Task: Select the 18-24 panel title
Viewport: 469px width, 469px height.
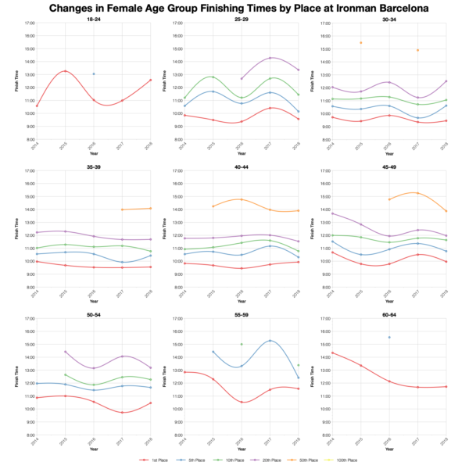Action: click(93, 19)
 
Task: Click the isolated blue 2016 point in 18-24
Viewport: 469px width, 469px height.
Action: click(94, 74)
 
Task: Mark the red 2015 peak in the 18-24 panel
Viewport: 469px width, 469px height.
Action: click(65, 71)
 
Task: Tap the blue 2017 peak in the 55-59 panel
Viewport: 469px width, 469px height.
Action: click(270, 341)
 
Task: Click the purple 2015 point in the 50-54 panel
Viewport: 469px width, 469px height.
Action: click(65, 352)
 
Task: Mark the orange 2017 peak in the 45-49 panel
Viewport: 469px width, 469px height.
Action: click(417, 193)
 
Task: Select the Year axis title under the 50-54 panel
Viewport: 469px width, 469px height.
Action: click(93, 449)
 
